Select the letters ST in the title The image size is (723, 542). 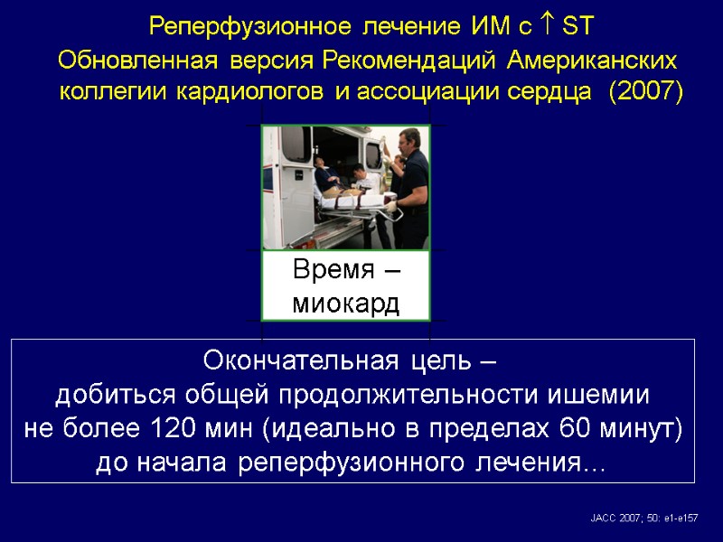576,26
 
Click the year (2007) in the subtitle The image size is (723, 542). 647,91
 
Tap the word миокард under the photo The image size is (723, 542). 346,302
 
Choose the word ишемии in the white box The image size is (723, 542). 596,395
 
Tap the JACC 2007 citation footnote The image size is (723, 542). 643,517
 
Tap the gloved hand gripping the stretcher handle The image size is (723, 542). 390,215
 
